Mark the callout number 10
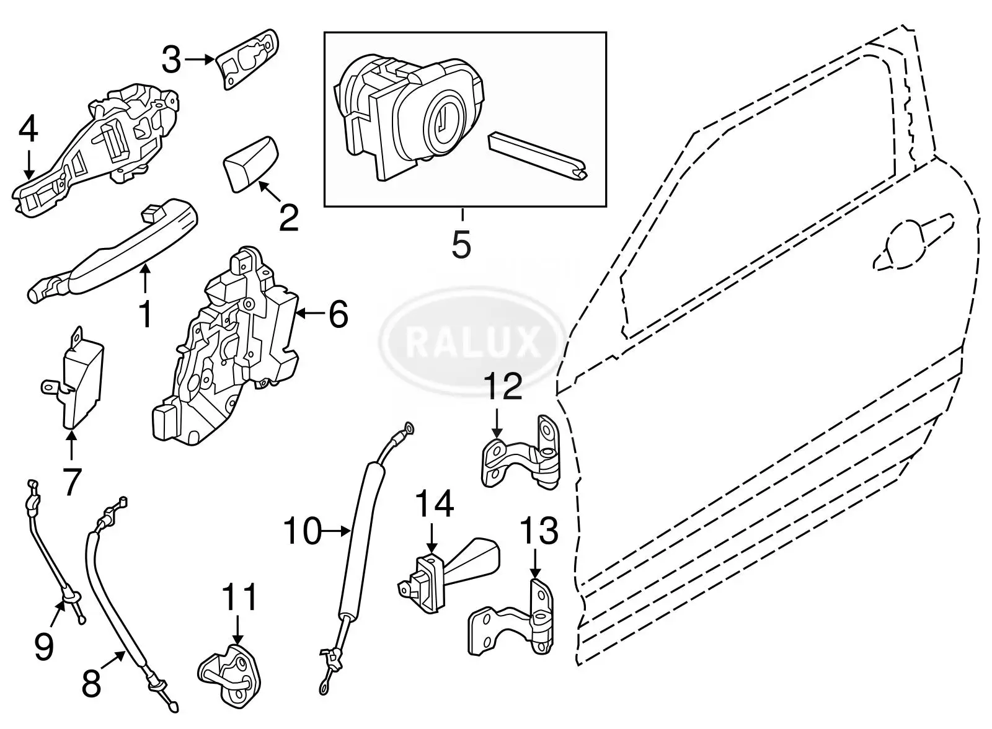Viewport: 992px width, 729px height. pos(302,531)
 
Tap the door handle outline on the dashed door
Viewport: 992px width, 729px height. pos(911,245)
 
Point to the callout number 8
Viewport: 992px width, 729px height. pos(91,685)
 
